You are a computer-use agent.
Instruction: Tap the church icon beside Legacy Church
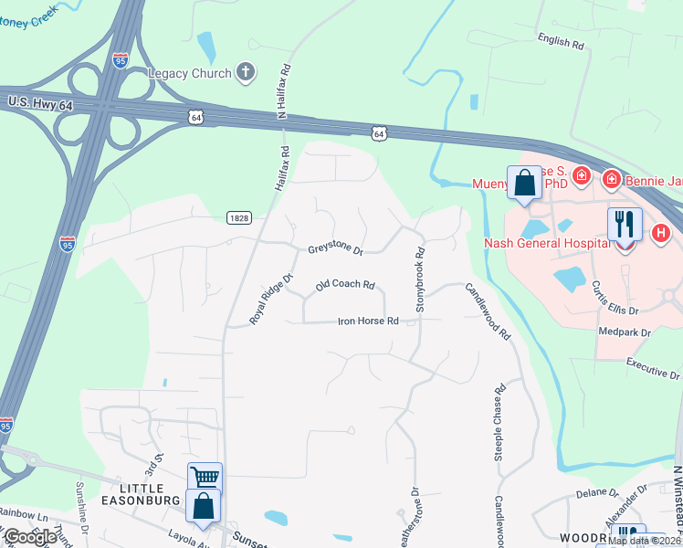(x=245, y=71)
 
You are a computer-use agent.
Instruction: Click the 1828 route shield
(x=237, y=217)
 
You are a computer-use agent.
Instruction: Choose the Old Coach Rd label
(x=345, y=286)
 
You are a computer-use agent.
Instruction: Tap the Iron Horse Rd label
(x=368, y=321)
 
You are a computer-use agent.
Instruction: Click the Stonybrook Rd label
(x=420, y=279)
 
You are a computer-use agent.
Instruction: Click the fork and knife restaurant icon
(x=625, y=224)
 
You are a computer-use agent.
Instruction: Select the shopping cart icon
(x=205, y=478)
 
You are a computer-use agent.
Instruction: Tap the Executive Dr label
(x=652, y=368)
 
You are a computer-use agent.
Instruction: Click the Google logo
(x=31, y=537)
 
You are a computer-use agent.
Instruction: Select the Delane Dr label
(x=598, y=494)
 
